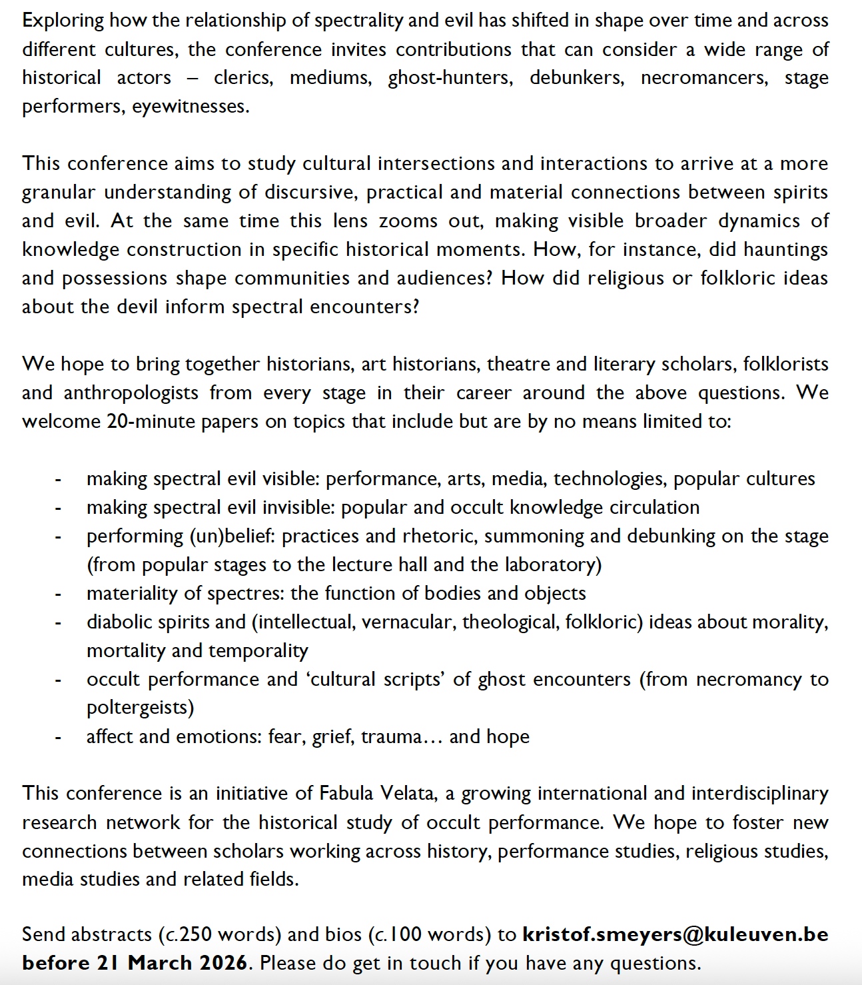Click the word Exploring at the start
point(63,21)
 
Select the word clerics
point(243,78)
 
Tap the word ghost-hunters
point(450,78)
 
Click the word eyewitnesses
point(190,107)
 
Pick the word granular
point(58,193)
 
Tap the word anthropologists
point(131,393)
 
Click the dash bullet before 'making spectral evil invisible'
point(59,508)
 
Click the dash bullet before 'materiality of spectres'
point(59,594)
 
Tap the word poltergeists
point(140,708)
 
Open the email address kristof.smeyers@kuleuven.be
point(675,935)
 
